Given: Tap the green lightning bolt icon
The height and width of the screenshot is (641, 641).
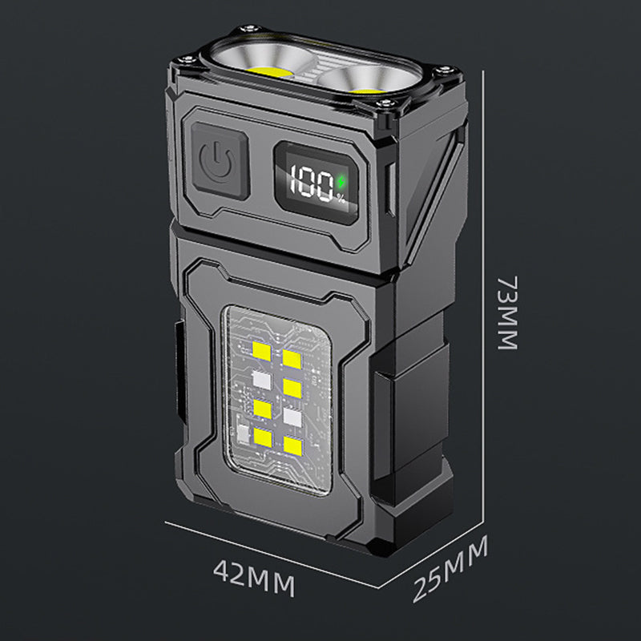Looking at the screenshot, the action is coord(341,182).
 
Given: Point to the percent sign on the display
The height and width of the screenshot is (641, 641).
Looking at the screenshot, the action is coord(341,199).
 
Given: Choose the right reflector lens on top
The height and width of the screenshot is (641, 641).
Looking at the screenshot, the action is coord(365,80).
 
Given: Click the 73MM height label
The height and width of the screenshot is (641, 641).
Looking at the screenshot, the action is coord(508,312).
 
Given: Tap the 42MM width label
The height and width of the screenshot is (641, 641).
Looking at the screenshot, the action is coord(254,578).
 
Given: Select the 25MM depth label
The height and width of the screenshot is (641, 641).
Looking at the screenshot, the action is coord(450,570).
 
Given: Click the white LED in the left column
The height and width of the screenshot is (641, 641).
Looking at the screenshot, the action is coord(262,380).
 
